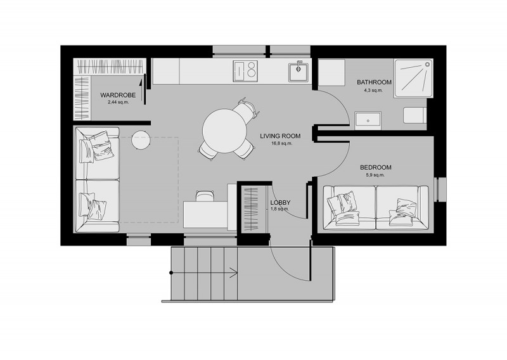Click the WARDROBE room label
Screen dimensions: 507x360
[118, 95]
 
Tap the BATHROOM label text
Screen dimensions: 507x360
[374, 82]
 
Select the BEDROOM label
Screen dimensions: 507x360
[376, 167]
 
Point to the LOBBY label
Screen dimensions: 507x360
[280, 202]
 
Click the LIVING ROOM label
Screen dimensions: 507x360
[280, 136]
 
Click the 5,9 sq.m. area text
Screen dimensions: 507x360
[375, 175]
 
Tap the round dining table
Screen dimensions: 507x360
[225, 131]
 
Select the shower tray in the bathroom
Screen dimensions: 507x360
[414, 78]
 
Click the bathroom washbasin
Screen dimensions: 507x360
[368, 120]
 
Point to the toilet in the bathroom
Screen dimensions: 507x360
[415, 115]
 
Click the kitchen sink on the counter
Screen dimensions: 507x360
[298, 72]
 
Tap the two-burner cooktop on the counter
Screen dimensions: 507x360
[245, 71]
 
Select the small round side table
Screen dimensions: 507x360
[140, 139]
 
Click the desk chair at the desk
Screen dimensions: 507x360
[205, 196]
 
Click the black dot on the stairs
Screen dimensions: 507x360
[171, 273]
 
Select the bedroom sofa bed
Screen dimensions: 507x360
[376, 208]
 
